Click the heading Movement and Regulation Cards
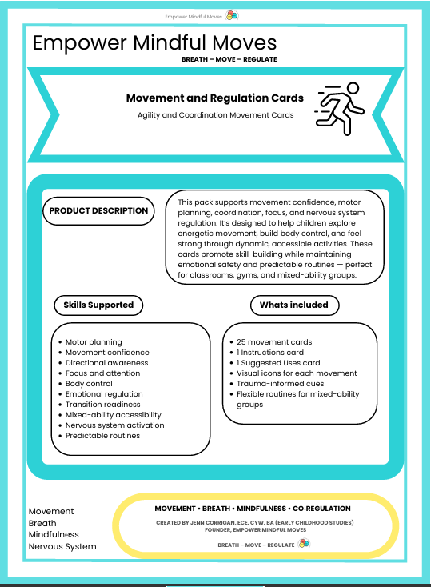[215, 98]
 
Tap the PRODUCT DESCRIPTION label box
[98, 211]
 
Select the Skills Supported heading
[98, 305]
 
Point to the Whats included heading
[293, 305]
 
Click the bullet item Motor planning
[94, 342]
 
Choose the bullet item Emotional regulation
[104, 394]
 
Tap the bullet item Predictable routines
[102, 436]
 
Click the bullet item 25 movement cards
[274, 342]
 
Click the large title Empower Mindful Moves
[154, 43]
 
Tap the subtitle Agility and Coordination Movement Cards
[215, 115]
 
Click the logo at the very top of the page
[231, 15]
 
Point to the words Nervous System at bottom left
[62, 547]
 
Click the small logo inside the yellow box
[304, 543]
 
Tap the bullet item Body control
[89, 384]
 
